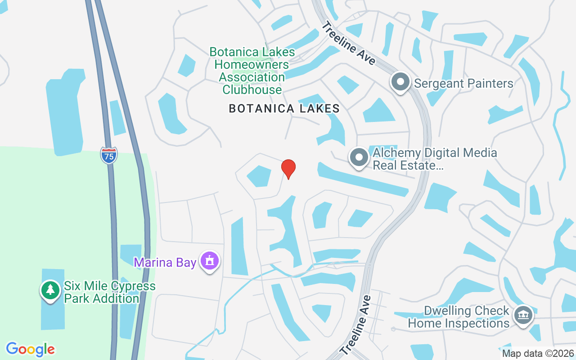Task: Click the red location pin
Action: [x=288, y=168]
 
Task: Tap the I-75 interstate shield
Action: [x=109, y=155]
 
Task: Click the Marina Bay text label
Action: [x=165, y=262]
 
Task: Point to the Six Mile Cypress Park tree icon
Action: [x=50, y=290]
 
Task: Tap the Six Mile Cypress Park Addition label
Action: [x=109, y=292]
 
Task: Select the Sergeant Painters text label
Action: [x=463, y=84]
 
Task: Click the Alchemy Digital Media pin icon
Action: [x=359, y=158]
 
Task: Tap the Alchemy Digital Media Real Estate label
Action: [x=435, y=159]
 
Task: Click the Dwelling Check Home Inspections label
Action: [x=459, y=317]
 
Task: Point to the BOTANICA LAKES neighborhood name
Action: [x=284, y=108]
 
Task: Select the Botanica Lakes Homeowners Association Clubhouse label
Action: [x=252, y=71]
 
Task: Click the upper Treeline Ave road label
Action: [x=348, y=44]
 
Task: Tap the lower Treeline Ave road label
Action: [x=356, y=324]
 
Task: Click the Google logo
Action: [x=30, y=349]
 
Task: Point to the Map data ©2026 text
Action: [x=538, y=353]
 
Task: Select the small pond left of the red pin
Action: [x=259, y=175]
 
